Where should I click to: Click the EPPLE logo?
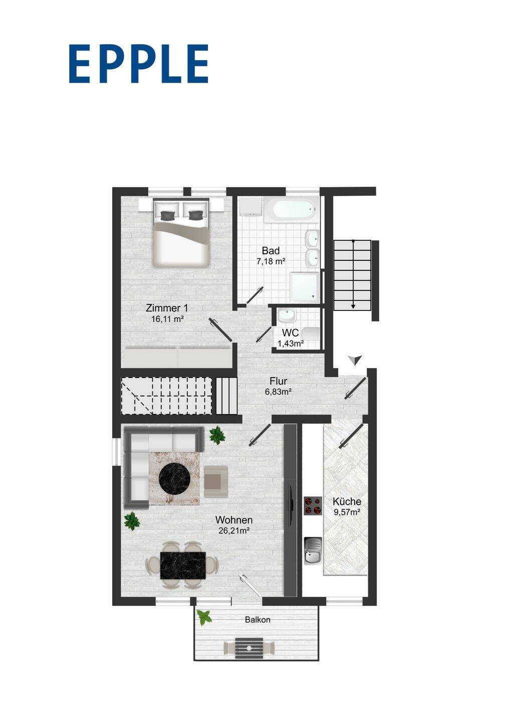click(139, 64)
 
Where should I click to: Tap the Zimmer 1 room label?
click(167, 308)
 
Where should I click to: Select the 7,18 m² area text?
click(271, 261)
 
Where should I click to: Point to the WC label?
click(290, 332)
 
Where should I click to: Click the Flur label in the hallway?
click(278, 381)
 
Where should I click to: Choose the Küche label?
click(347, 502)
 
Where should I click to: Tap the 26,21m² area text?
click(234, 531)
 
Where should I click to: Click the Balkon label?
click(258, 620)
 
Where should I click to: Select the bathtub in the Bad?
click(292, 209)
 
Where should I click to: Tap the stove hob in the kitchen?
click(313, 506)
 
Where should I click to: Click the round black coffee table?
click(174, 478)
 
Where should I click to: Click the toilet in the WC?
click(311, 334)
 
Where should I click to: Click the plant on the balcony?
click(204, 617)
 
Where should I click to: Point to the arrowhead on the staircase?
click(353, 306)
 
